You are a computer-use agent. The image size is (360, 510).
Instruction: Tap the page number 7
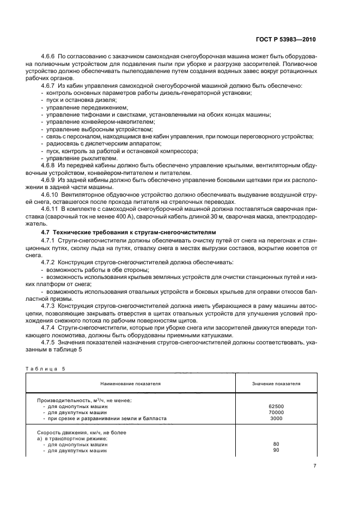(315, 466)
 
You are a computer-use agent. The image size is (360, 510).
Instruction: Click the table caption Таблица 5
(45, 368)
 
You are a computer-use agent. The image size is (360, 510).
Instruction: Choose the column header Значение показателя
(276, 384)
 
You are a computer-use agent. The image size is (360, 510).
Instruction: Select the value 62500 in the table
(276, 406)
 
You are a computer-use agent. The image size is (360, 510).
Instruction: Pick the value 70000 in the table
(276, 412)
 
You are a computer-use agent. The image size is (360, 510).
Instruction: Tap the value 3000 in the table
(276, 418)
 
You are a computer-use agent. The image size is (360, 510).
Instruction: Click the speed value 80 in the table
(276, 444)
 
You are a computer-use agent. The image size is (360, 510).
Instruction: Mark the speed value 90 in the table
(276, 450)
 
